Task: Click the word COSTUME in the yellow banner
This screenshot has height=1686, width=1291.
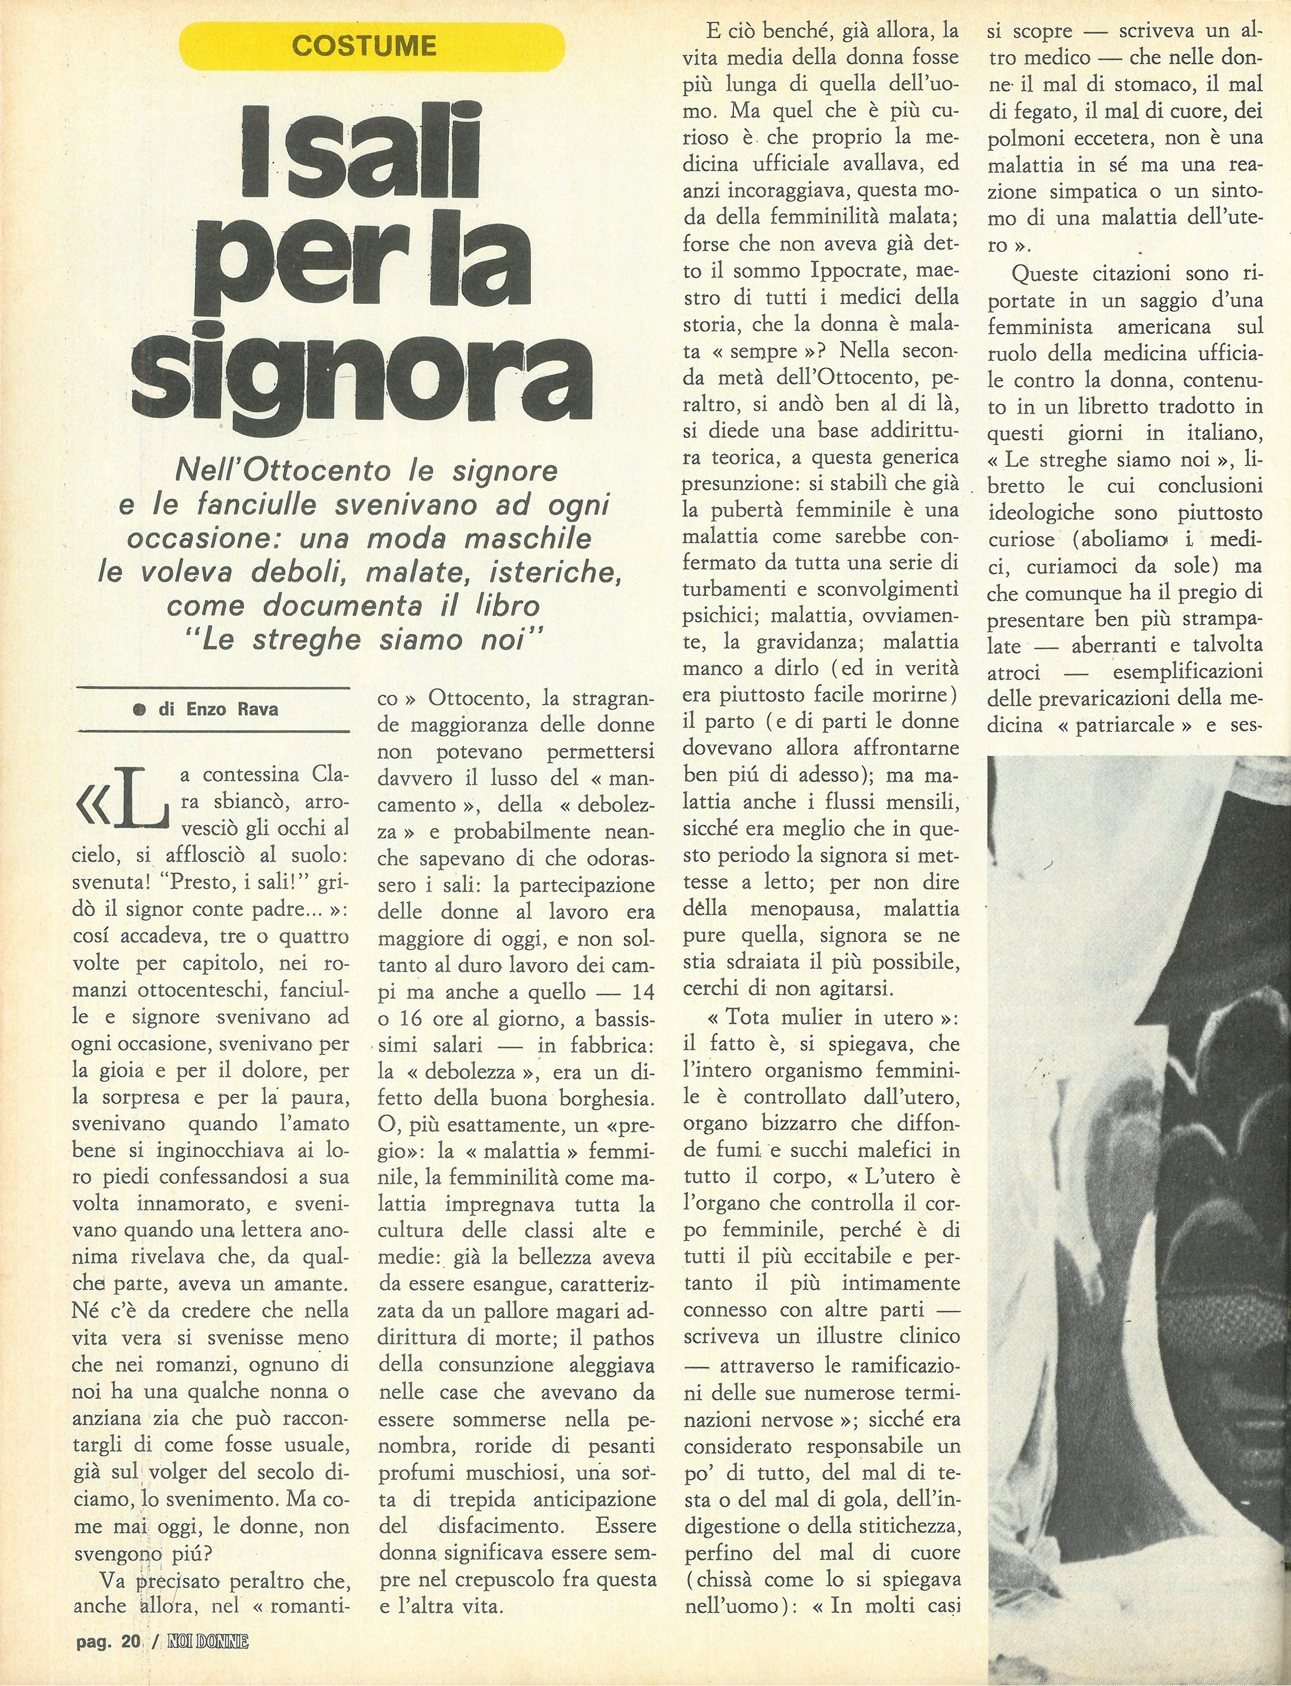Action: pos(364,46)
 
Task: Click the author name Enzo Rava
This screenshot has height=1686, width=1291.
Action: pos(232,709)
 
